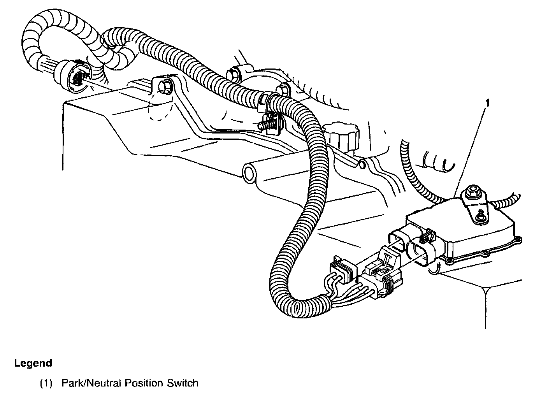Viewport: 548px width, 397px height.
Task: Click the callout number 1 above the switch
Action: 488,103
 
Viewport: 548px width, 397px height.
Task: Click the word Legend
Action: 33,364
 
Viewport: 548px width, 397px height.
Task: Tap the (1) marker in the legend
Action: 46,383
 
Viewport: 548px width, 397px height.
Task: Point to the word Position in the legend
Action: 144,383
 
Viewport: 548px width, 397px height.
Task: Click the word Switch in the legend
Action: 183,383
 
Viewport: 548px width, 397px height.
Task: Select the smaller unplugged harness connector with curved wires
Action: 343,270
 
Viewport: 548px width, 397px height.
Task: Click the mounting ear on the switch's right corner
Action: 517,241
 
